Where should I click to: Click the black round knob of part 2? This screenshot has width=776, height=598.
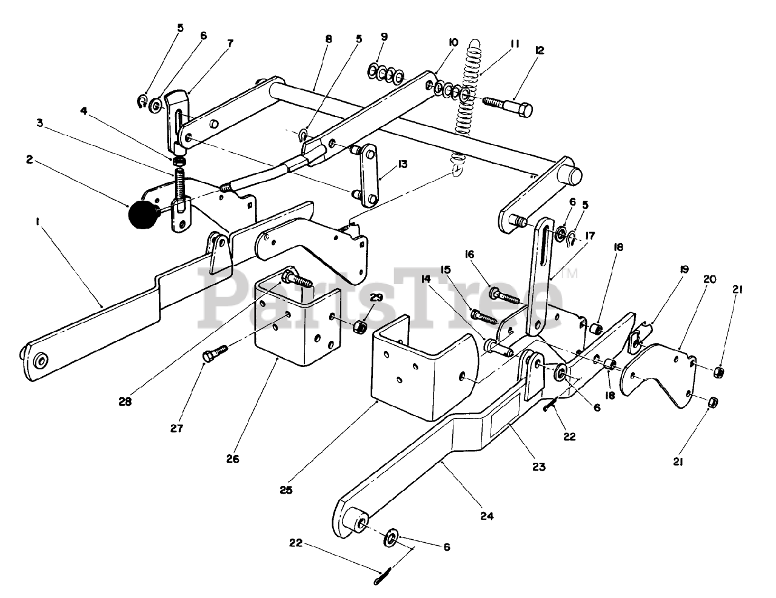click(142, 215)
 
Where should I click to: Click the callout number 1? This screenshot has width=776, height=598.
click(37, 222)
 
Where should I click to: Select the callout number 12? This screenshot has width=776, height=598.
click(540, 50)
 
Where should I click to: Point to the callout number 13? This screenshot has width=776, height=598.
click(403, 164)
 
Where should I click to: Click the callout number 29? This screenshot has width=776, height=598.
click(376, 297)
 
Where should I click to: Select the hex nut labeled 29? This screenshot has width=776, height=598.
click(359, 326)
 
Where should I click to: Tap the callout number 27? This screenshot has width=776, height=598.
click(176, 428)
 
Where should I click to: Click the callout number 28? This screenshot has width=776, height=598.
click(125, 401)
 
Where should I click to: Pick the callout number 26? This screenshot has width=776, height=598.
click(232, 459)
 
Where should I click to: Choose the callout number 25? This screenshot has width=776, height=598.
click(286, 490)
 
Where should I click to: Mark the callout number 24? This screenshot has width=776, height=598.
click(487, 516)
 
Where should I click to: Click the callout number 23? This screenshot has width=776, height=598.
click(538, 466)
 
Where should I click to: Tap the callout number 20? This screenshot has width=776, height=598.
click(709, 279)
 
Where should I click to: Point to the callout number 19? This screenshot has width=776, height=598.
click(683, 269)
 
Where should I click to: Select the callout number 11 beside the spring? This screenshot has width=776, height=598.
click(515, 44)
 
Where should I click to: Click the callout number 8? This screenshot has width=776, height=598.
click(329, 39)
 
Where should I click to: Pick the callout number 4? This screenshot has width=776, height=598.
click(84, 111)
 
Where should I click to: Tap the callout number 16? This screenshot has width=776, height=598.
click(469, 254)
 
